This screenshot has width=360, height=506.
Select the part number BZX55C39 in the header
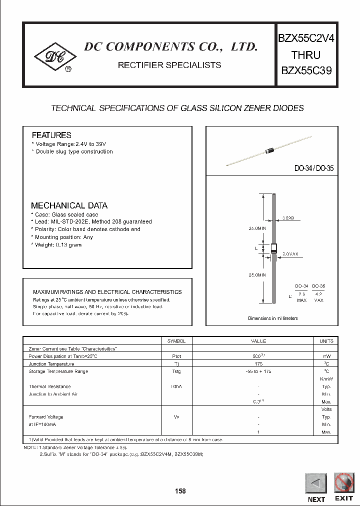[305, 71]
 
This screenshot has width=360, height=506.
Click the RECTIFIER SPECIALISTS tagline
[169, 65]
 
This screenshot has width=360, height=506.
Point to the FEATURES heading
[51, 135]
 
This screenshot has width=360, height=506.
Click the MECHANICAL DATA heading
[69, 205]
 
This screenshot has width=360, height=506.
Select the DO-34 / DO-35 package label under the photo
[313, 169]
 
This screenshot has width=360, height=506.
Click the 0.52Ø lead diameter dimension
[288, 218]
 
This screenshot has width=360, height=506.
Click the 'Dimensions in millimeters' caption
[272, 318]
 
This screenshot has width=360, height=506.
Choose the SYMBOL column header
[175, 341]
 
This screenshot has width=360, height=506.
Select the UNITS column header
[326, 341]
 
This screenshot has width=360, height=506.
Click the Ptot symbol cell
[175, 356]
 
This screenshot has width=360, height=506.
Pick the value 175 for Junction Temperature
[258, 364]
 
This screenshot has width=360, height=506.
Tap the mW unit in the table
[326, 356]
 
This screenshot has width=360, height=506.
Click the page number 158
[180, 491]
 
